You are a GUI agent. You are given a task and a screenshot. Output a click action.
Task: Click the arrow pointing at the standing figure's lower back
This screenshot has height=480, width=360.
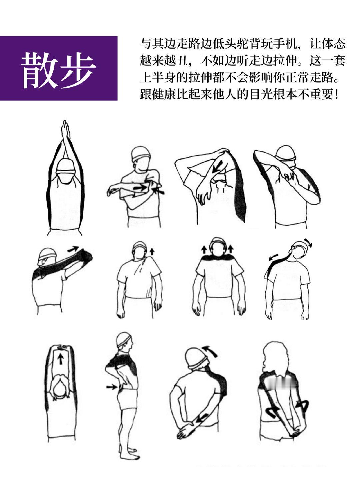(112, 387)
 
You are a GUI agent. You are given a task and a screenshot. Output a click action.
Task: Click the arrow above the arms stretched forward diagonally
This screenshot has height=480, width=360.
(73, 249)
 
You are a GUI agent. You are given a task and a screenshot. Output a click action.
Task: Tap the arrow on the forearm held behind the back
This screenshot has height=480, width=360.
(202, 417)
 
